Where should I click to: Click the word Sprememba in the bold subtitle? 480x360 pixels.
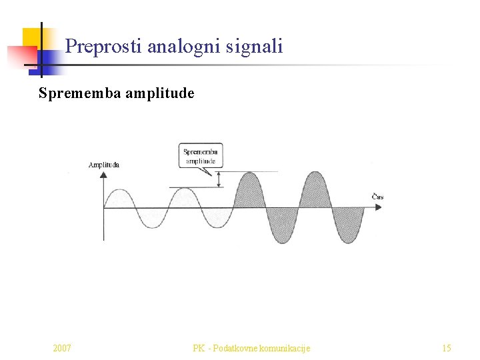(80, 93)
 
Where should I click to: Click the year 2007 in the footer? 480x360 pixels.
(62, 348)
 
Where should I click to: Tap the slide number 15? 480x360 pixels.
(447, 348)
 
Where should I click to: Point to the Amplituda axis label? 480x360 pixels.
(104, 165)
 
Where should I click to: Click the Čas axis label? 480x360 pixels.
(377, 197)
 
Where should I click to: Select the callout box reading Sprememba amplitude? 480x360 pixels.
(201, 156)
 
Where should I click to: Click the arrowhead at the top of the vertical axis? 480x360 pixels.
(103, 175)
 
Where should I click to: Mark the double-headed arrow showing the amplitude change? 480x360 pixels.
(219, 179)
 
